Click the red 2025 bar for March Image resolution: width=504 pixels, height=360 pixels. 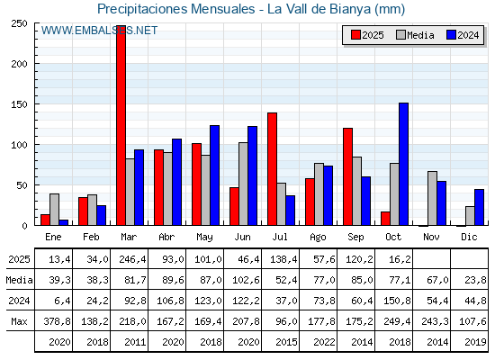[x=121, y=126]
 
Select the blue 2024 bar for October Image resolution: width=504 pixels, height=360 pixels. [x=403, y=164]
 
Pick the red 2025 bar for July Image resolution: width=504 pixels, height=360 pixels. [x=272, y=169]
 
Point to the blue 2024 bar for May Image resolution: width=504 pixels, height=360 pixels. [x=214, y=175]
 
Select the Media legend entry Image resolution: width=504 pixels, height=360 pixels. [x=414, y=35]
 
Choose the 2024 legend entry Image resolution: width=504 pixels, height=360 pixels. [x=462, y=35]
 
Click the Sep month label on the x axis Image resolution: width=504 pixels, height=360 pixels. [x=356, y=236]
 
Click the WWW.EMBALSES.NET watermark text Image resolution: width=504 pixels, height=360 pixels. [x=99, y=31]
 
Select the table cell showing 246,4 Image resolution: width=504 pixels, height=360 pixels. [x=130, y=257]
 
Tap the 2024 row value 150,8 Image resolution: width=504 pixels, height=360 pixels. [x=394, y=301]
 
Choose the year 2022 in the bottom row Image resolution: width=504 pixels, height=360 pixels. [x=319, y=342]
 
